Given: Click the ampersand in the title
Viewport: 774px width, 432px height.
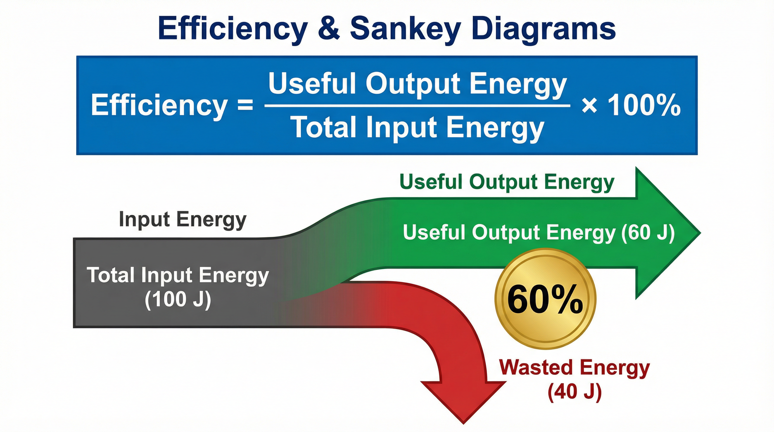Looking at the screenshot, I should tap(329, 28).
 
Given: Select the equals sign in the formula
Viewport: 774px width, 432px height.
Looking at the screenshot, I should tap(246, 105).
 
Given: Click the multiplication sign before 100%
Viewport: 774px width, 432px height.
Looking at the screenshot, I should tap(589, 106).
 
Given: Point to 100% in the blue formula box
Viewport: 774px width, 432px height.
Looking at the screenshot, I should tap(644, 105).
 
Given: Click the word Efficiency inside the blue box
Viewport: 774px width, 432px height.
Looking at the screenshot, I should tap(159, 105).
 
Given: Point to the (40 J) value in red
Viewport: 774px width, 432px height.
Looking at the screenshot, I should tap(575, 391).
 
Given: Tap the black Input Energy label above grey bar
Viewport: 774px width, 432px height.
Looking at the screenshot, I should tap(183, 219).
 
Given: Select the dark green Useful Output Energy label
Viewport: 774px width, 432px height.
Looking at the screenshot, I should tap(507, 182).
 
